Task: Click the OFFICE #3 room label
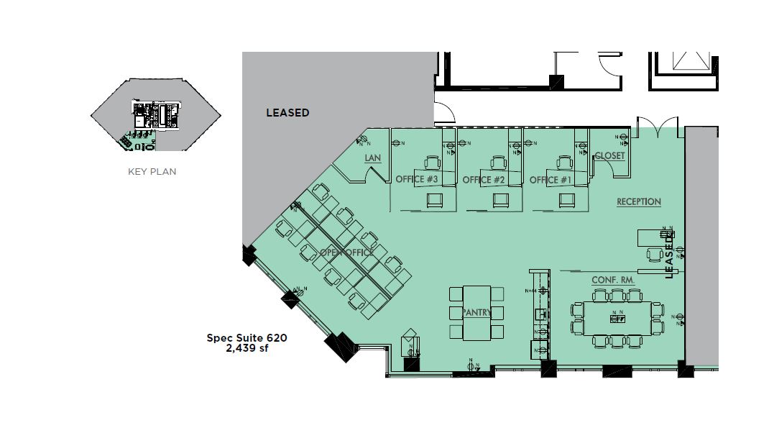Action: coord(417,180)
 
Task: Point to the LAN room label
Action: coord(372,158)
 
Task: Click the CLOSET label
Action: coord(609,155)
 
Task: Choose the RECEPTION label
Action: coord(638,202)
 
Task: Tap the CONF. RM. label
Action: coord(612,279)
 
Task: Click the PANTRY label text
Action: coord(476,312)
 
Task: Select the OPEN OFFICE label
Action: coord(346,252)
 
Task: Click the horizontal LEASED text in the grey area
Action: coord(287,113)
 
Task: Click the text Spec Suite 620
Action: coord(247,337)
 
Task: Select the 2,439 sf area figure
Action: coord(247,348)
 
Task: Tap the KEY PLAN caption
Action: coord(152,172)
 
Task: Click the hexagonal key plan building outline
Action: coord(101,115)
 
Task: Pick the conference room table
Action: coord(616,317)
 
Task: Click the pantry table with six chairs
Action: coord(476,312)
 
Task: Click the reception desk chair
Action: coord(654,254)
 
